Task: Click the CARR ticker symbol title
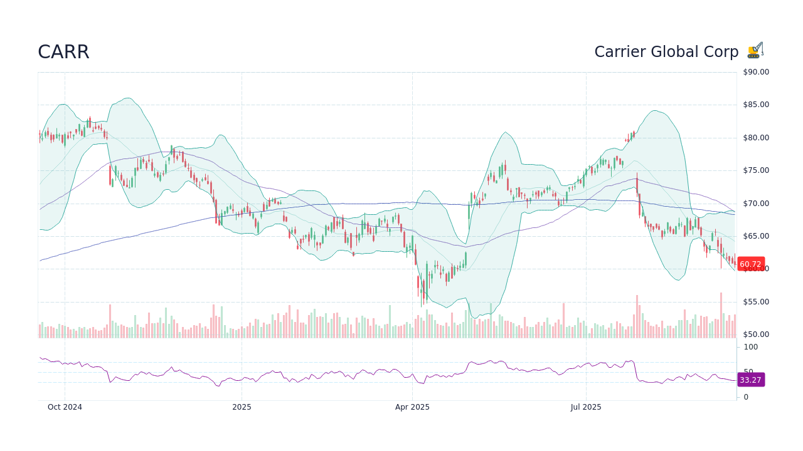click(x=63, y=52)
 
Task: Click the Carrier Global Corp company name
click(x=666, y=52)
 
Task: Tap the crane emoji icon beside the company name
click(x=755, y=51)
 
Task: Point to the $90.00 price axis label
click(x=755, y=72)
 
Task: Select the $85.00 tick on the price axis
click(x=755, y=105)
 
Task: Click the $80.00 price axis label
click(x=755, y=138)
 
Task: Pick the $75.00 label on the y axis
click(x=755, y=170)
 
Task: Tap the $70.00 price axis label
click(x=755, y=204)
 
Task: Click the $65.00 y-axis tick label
click(x=755, y=236)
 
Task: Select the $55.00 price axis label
click(x=755, y=302)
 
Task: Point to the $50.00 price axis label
click(x=755, y=334)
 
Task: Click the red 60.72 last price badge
click(x=750, y=264)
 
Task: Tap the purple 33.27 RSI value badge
click(x=750, y=380)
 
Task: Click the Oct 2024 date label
click(x=65, y=407)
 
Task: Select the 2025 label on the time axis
click(x=242, y=407)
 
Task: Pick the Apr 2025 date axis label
click(x=412, y=407)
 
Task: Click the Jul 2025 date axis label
click(x=586, y=407)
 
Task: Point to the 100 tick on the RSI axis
click(x=751, y=347)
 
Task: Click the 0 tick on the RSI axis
click(x=746, y=397)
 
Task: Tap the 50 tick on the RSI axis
click(x=748, y=371)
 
